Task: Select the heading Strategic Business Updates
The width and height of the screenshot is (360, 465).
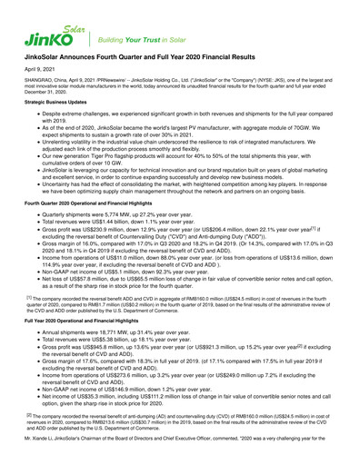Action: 57,129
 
